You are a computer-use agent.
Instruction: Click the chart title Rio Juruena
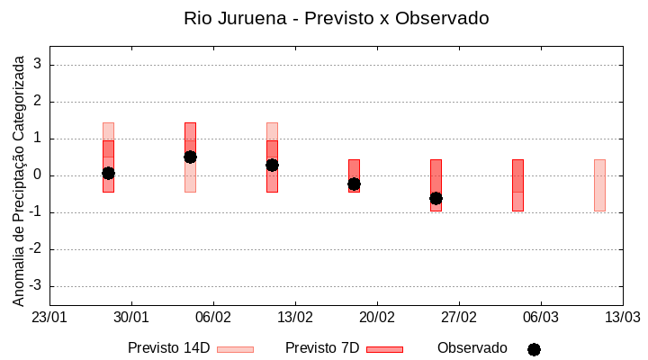pos(336,18)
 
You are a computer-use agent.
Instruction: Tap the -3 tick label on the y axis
pos(35,286)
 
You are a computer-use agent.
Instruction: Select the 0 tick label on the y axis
pos(38,175)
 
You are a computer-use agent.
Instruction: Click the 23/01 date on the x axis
pos(49,318)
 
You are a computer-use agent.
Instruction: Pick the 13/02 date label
pos(295,318)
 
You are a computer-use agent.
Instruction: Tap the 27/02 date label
pos(459,318)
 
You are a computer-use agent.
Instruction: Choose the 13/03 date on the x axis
pos(623,318)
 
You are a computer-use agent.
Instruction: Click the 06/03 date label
pos(541,318)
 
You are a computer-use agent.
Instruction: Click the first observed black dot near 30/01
pos(108,173)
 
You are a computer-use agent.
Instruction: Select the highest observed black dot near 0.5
pos(190,157)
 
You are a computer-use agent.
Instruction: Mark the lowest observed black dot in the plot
pos(436,198)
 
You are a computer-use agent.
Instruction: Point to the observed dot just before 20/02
pos(354,184)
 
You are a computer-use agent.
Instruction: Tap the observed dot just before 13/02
pos(272,165)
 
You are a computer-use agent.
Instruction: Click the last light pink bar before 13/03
pos(599,184)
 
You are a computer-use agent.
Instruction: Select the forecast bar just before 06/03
pos(517,184)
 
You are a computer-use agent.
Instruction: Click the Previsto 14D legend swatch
pos(235,349)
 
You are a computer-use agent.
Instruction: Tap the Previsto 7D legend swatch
pos(384,349)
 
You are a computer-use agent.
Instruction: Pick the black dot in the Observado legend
pos(534,349)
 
